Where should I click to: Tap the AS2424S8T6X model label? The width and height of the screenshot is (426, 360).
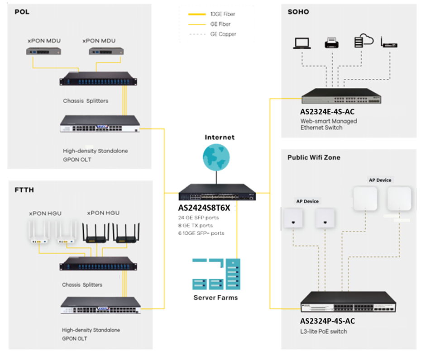click(x=204, y=208)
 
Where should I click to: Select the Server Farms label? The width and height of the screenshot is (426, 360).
click(x=215, y=297)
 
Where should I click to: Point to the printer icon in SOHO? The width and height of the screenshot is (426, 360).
click(x=332, y=43)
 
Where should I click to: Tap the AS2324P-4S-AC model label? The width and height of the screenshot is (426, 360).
click(x=328, y=321)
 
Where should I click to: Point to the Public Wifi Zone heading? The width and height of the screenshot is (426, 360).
click(x=314, y=157)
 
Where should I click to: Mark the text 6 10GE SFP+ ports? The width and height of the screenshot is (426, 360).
click(x=202, y=233)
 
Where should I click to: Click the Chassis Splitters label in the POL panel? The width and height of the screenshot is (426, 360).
click(x=86, y=101)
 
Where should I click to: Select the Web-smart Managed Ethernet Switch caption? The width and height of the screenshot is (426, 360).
click(x=329, y=124)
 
